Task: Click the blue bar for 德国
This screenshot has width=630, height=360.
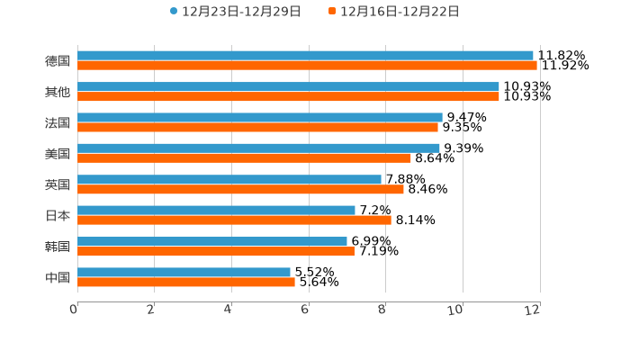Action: pos(305,56)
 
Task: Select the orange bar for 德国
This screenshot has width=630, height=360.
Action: pos(307,66)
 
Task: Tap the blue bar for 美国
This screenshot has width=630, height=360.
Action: pos(258,148)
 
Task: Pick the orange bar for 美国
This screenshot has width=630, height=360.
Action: pos(244,157)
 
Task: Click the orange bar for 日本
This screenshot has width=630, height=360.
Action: pos(234,220)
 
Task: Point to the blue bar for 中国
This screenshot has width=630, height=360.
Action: pos(184,272)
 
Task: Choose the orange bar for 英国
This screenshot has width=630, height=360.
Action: pos(240,189)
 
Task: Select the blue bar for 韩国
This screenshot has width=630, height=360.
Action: pos(212,241)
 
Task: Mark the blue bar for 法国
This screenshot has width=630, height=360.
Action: pos(260,117)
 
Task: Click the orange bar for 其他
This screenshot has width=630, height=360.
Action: pos(288,96)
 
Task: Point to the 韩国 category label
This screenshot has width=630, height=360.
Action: pos(58,247)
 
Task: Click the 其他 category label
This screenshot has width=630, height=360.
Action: pos(58,92)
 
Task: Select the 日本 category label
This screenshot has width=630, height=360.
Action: pos(58,215)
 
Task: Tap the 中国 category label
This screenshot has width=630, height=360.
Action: pos(58,277)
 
